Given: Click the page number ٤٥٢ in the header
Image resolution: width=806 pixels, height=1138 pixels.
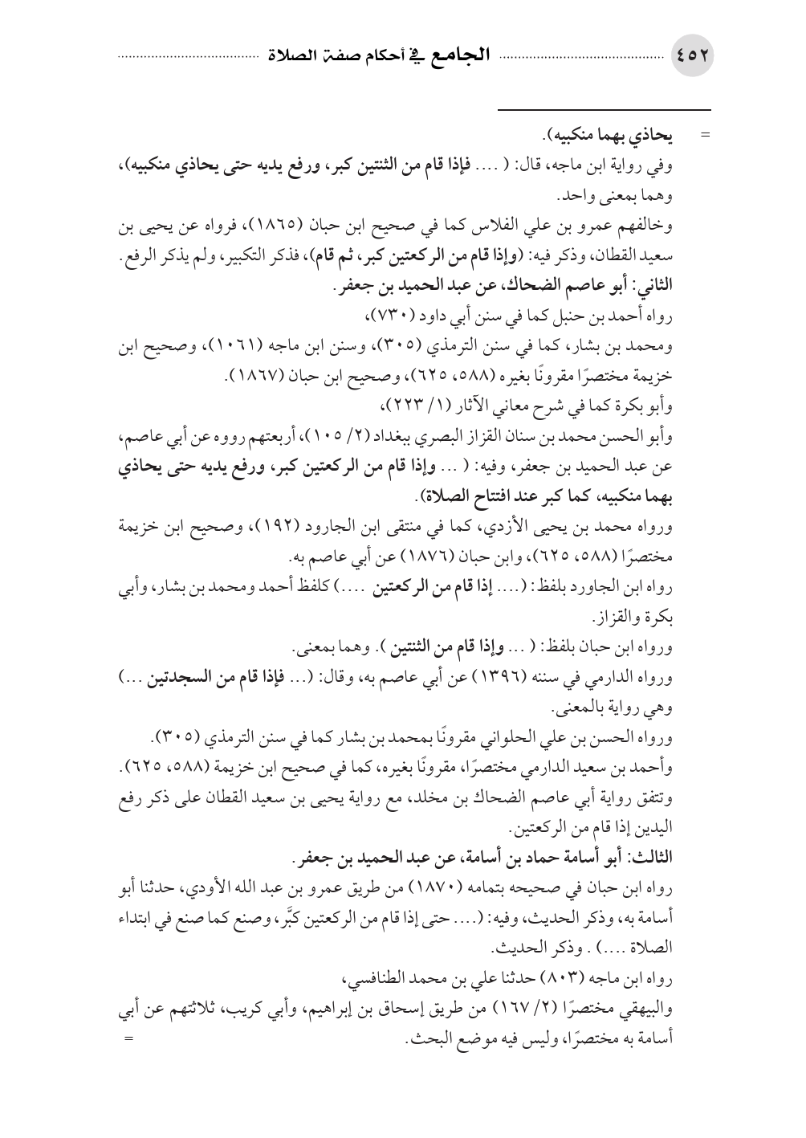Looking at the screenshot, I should [x=694, y=59].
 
